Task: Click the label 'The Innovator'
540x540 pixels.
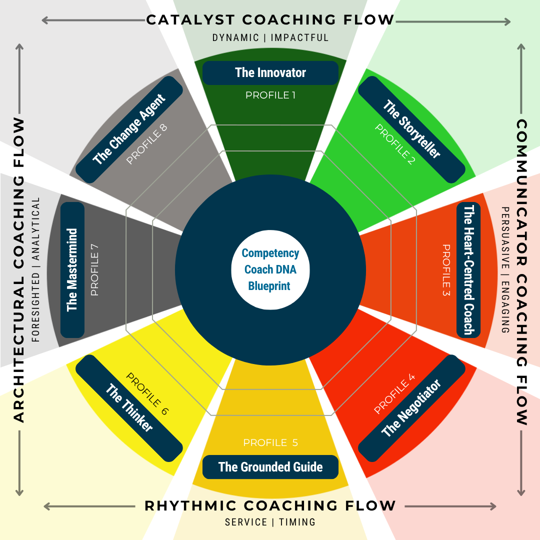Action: [270, 73]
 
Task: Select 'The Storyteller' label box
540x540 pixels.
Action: [411, 129]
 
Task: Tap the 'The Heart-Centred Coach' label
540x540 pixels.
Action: [468, 270]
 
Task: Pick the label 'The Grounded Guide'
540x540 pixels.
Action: [270, 467]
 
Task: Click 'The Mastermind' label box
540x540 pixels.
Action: [72, 270]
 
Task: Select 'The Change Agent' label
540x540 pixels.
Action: [129, 129]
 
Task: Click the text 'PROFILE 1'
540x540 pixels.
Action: [270, 95]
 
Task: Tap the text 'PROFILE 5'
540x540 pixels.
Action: [270, 443]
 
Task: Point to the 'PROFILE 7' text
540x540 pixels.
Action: [94, 270]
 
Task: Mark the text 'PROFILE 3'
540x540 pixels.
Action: [446, 270]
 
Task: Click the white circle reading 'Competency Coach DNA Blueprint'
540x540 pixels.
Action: [270, 270]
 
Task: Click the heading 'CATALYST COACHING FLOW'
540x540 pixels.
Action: [270, 20]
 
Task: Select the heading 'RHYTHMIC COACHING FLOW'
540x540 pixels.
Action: [270, 506]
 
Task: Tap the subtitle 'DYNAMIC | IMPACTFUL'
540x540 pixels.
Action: [270, 38]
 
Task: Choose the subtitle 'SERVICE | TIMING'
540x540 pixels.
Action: [270, 522]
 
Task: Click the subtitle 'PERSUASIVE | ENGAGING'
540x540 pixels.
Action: [505, 270]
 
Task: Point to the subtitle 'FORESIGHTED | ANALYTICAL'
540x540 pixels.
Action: [35, 270]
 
